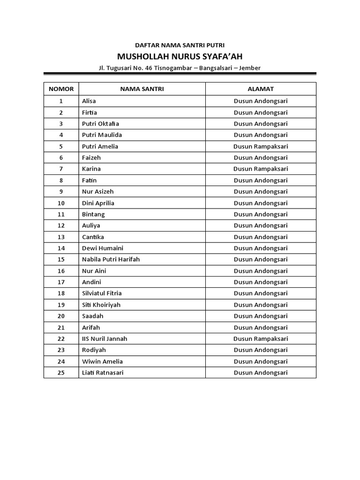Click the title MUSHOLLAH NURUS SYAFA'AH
(x=180, y=56)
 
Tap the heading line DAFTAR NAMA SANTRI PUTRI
(x=180, y=45)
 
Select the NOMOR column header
(x=61, y=89)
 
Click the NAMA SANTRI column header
(x=142, y=89)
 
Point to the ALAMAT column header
(x=261, y=89)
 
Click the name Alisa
(x=89, y=101)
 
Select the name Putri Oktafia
(x=100, y=124)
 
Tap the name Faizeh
(x=91, y=157)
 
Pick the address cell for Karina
(x=261, y=169)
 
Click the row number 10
(x=61, y=203)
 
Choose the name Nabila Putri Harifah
(x=111, y=259)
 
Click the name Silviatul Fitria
(x=102, y=293)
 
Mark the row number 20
(x=61, y=316)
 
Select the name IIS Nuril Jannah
(x=105, y=338)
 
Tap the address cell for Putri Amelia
(x=261, y=146)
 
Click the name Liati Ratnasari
(x=103, y=373)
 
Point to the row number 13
(x=61, y=237)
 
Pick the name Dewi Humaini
(x=103, y=248)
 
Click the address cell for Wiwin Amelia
(x=261, y=361)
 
